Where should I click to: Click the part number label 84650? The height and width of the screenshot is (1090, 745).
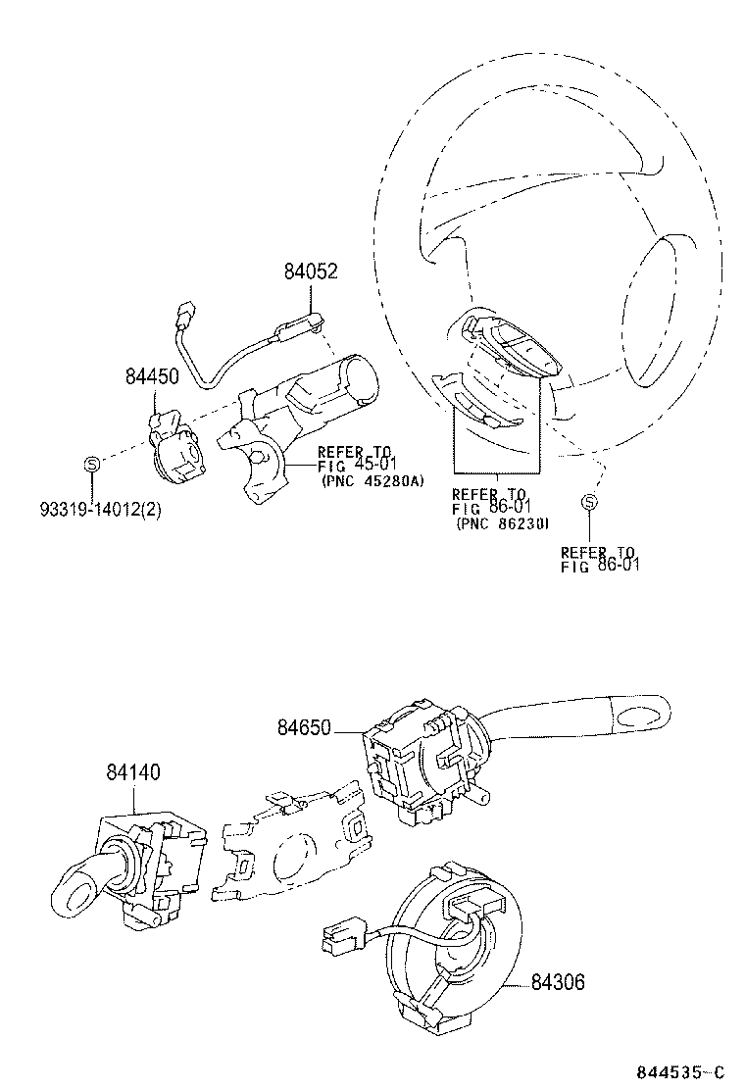(x=304, y=727)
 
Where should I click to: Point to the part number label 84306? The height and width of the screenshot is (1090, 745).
(x=558, y=981)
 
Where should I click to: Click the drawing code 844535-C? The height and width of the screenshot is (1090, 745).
(x=679, y=1070)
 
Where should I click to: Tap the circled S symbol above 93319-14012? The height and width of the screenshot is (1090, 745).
(x=89, y=464)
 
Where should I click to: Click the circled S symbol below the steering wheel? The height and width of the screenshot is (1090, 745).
(x=589, y=503)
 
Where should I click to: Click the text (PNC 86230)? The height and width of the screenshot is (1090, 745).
(x=501, y=524)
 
